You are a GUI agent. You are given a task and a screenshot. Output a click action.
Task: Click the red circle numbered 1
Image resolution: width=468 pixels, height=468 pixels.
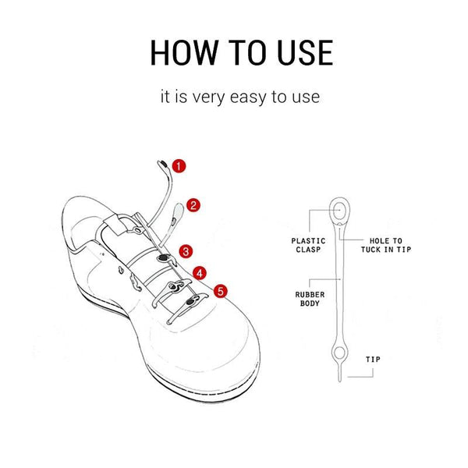[x=179, y=165]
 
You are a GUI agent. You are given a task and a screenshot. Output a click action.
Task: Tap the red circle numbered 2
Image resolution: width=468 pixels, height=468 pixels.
[x=194, y=206]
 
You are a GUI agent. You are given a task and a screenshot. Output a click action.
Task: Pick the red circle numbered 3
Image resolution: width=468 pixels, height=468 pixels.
[x=186, y=251]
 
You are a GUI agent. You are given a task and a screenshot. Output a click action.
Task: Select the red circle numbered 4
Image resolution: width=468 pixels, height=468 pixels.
[x=200, y=274]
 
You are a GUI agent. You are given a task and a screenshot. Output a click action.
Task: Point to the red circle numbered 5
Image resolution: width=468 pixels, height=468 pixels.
[x=221, y=291]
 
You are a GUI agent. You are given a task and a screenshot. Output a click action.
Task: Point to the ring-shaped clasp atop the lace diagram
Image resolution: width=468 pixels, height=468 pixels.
[x=340, y=209]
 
